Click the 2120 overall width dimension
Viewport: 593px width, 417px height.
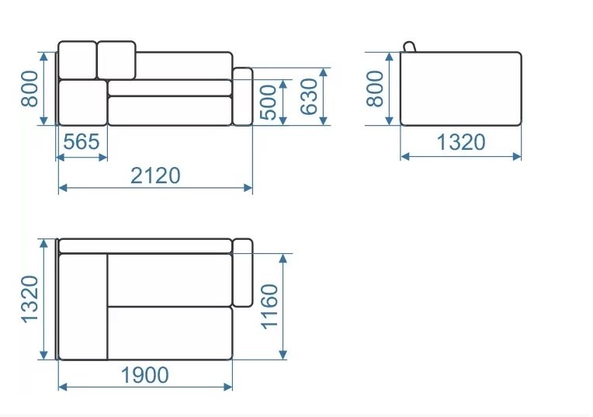pos(155,175)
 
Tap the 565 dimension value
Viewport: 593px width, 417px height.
pos(81,142)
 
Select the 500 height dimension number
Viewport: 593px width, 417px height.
pos(269,103)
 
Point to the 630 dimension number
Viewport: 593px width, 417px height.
pos(309,96)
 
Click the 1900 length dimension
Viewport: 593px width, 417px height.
pos(145,375)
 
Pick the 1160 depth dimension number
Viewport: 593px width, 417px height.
pos(270,307)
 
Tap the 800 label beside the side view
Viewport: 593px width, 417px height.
pos(375,89)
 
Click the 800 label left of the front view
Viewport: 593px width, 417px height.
pos(29,89)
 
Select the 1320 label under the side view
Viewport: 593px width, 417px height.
pos(460,142)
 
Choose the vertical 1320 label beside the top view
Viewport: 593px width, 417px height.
pos(29,299)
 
